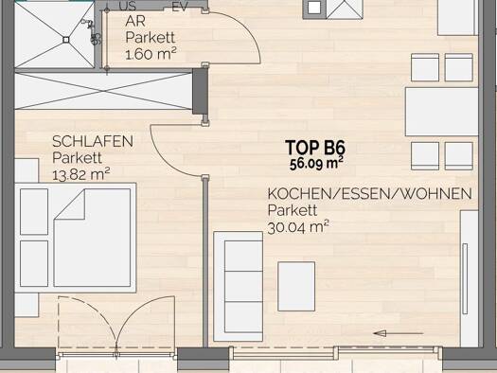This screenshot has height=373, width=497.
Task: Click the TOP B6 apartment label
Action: pyautogui.click(x=314, y=147)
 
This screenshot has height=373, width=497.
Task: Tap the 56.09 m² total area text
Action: pyautogui.click(x=316, y=163)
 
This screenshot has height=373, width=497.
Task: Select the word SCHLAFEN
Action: pyautogui.click(x=93, y=141)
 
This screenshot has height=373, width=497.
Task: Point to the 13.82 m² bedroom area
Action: pyautogui.click(x=80, y=174)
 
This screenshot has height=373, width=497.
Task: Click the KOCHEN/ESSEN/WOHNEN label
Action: pyautogui.click(x=369, y=194)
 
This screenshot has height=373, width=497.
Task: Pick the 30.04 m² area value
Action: pyautogui.click(x=298, y=227)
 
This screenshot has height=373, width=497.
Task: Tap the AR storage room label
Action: pyautogui.click(x=135, y=22)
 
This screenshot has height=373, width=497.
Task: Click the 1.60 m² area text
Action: pyautogui.click(x=151, y=54)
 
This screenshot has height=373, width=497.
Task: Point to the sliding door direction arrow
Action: pyautogui.click(x=399, y=333)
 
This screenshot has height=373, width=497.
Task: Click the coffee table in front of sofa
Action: pyautogui.click(x=296, y=287)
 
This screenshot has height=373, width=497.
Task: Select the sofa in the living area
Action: pyautogui.click(x=239, y=287)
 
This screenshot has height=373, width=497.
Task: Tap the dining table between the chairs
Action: pyautogui.click(x=441, y=112)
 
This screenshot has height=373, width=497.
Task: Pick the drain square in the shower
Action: pyautogui.click(x=66, y=40)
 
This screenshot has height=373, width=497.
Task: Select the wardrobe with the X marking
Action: pyautogui.click(x=103, y=91)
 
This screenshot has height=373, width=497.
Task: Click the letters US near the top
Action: pyautogui.click(x=128, y=6)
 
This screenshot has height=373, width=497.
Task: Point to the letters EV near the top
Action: pyautogui.click(x=180, y=6)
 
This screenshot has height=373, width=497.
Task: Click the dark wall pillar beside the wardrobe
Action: pyautogui.click(x=201, y=91)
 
